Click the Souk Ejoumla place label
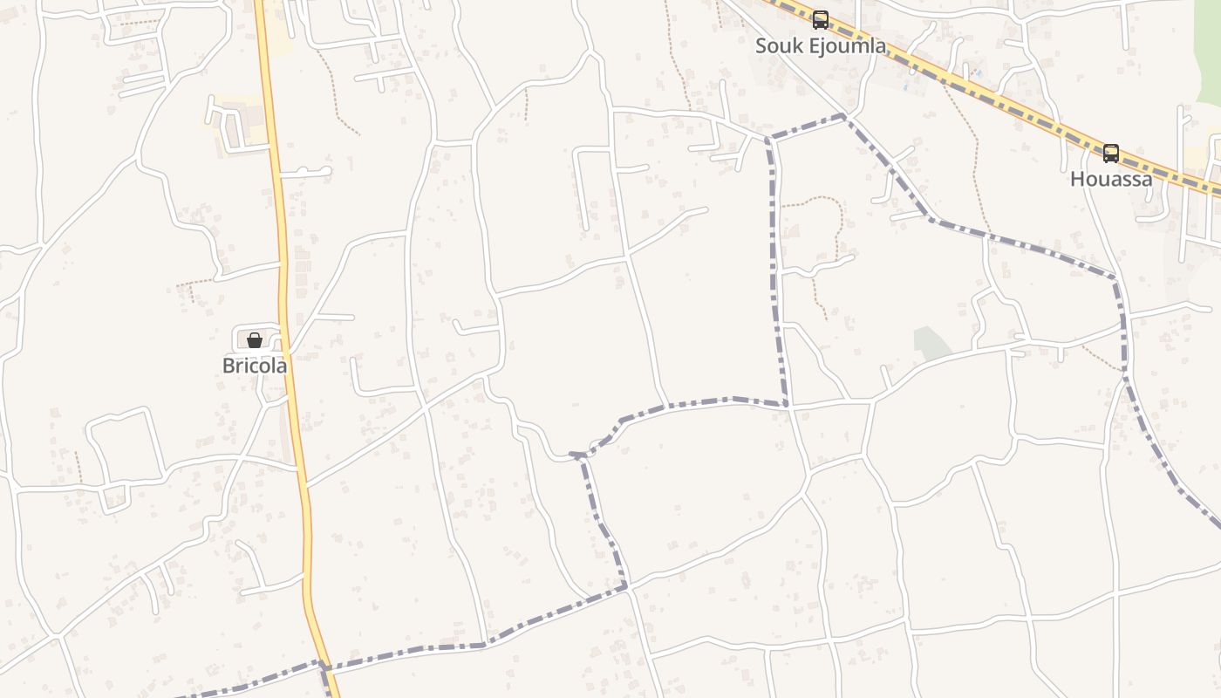tap(820, 45)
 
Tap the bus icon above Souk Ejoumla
tap(820, 20)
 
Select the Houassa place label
tap(1111, 179)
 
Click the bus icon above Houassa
tap(1110, 154)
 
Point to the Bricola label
tap(255, 366)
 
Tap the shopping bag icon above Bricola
tap(255, 340)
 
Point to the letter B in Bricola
tap(229, 366)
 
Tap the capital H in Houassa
tap(1077, 179)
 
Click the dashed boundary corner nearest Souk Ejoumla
tap(843, 115)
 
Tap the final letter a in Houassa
tap(1146, 180)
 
